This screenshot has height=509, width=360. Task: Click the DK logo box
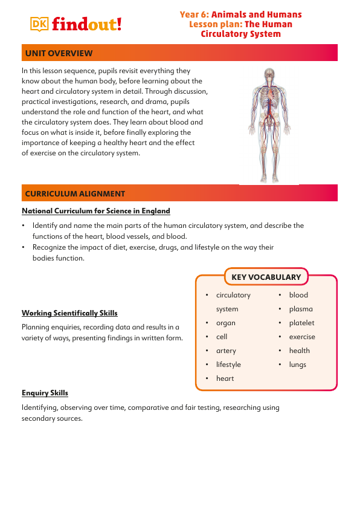coord(39,23)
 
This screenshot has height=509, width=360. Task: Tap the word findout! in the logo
coord(86,24)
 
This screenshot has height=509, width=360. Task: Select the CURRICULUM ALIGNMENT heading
coord(75,194)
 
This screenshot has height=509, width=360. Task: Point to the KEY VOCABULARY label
coord(266,277)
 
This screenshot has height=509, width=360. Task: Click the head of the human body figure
coord(269,74)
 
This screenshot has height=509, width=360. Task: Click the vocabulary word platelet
coord(301,323)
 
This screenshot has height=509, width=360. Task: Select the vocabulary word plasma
coord(301,309)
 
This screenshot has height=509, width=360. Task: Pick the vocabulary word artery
coord(226,351)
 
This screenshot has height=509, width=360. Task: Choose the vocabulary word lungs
coord(297,365)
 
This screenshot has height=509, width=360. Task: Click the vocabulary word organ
coord(226,323)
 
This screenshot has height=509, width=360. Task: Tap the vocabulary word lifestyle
coord(228,365)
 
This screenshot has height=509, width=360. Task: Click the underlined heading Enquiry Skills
coord(45,394)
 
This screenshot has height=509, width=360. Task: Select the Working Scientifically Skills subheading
coord(69,313)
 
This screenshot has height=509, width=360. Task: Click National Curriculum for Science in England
coord(96,211)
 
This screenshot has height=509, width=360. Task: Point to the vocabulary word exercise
coord(302,337)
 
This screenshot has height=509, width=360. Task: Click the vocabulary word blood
coord(298,295)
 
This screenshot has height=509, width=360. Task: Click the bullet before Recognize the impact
coord(23,247)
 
